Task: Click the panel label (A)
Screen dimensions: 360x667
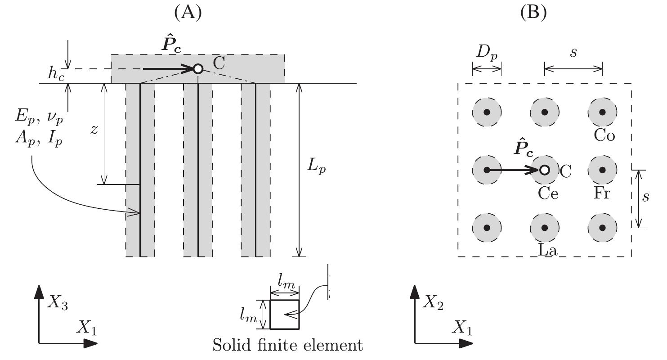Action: point(187,13)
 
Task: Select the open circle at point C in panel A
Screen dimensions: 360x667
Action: point(197,69)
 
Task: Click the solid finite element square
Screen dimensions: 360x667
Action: point(284,315)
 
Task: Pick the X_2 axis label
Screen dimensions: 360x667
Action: point(433,305)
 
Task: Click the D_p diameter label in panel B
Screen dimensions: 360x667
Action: point(486,54)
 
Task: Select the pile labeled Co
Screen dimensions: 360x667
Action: point(603,112)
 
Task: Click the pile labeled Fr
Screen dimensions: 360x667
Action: point(603,170)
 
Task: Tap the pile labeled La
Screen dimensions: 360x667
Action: point(545,228)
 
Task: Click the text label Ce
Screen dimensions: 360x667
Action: point(547,193)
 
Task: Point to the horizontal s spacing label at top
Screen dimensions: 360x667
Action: point(573,52)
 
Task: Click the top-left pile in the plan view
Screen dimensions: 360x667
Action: point(487,112)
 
